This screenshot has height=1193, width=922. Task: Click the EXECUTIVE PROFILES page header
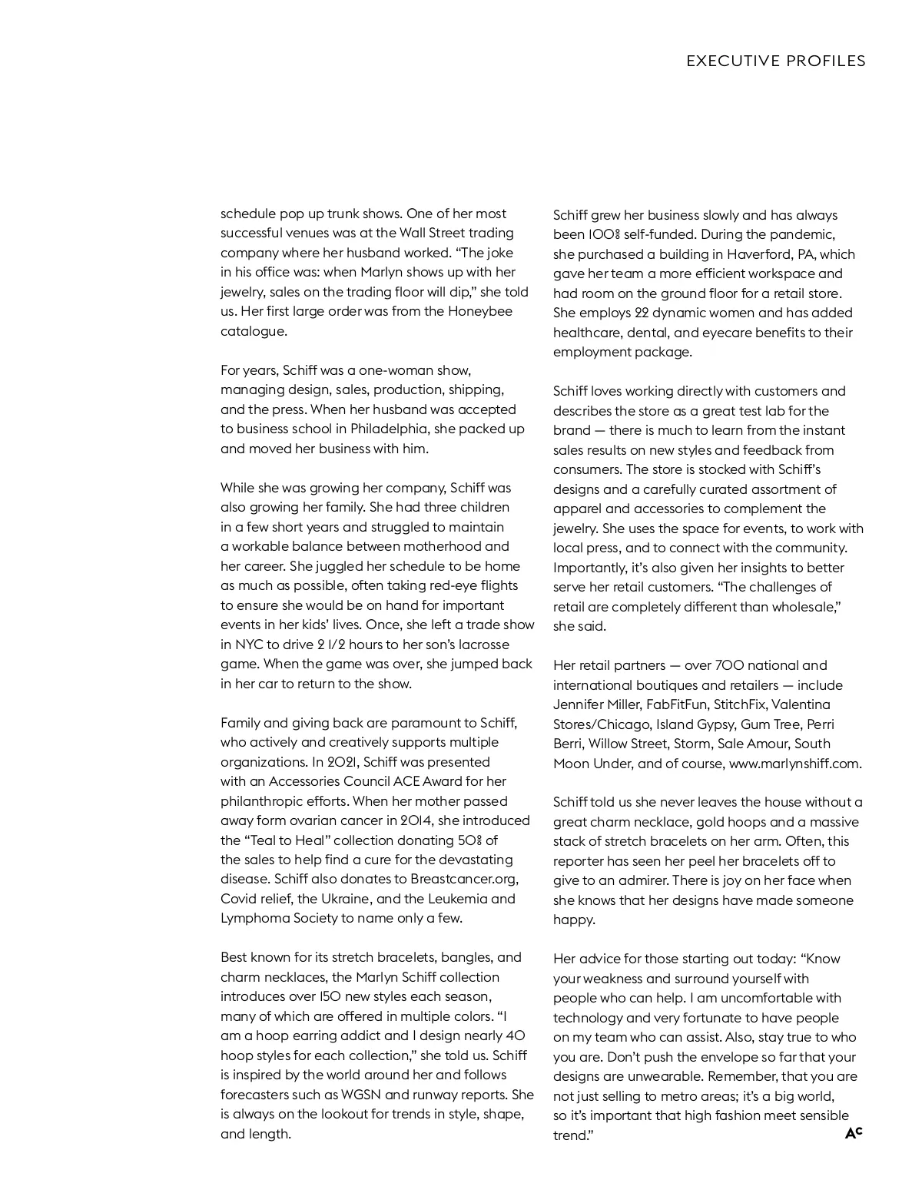776,61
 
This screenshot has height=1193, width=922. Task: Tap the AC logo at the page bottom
854,1133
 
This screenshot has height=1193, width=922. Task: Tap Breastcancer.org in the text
464,879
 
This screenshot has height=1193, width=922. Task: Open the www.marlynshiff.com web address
795,764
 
